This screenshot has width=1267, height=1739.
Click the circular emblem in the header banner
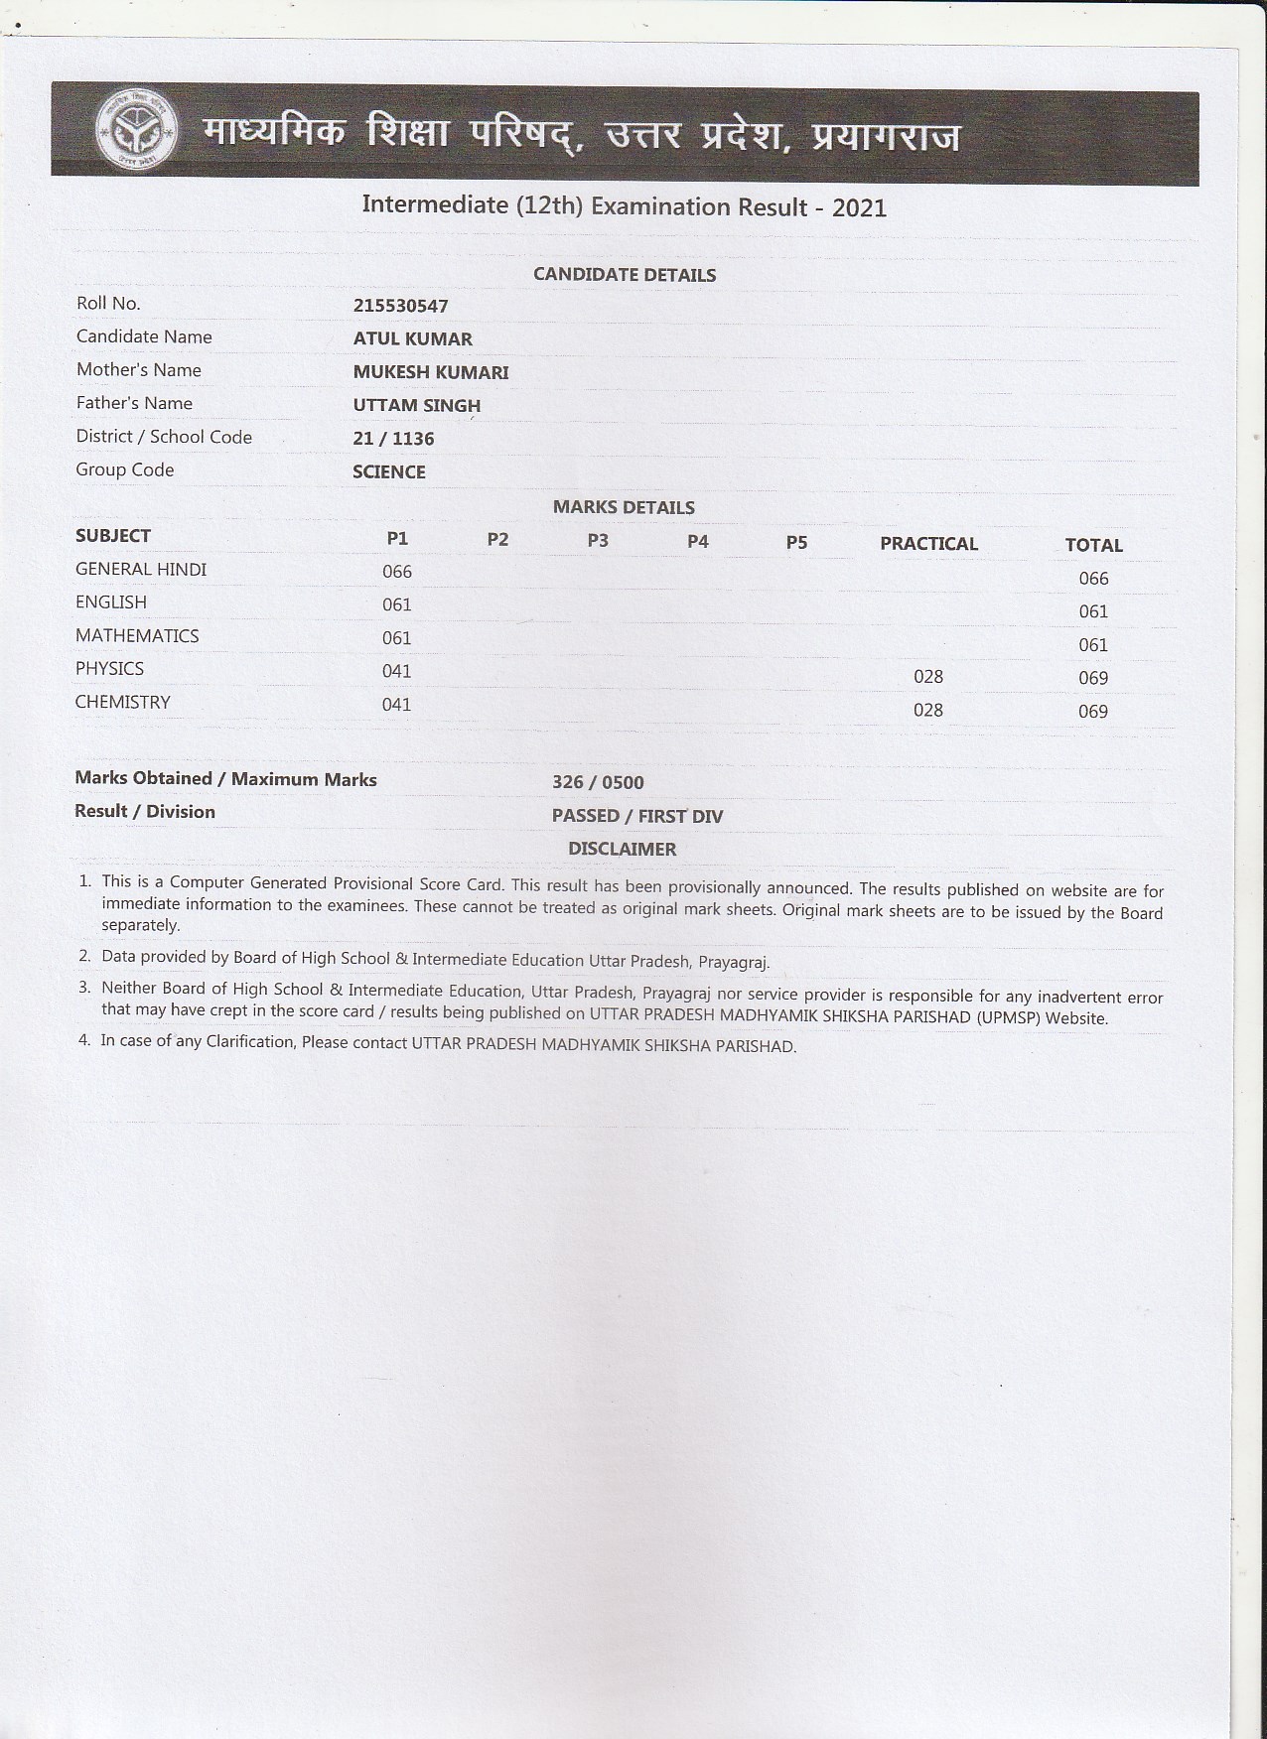(137, 132)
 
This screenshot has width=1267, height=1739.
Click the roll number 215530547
(400, 306)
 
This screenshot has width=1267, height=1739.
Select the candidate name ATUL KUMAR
(412, 338)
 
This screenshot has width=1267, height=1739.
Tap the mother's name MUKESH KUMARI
(430, 372)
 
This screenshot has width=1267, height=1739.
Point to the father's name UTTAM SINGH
(416, 405)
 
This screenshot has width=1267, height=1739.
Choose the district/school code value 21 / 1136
(393, 439)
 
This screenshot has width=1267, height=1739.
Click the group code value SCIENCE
(388, 472)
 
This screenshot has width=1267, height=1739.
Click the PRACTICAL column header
(928, 544)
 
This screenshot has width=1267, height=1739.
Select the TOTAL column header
(1093, 545)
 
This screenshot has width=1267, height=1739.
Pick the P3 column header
(598, 540)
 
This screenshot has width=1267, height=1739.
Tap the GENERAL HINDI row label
(141, 569)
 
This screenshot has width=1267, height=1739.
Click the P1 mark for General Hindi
(397, 572)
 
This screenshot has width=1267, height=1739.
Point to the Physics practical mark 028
(927, 677)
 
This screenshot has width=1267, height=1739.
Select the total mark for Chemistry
(1092, 712)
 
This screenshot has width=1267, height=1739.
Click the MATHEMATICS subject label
(137, 635)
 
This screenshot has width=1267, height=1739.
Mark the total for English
(1092, 611)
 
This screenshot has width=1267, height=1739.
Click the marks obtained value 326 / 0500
(598, 782)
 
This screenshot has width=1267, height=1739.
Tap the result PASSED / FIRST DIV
(636, 816)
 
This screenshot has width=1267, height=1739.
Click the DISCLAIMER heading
(622, 849)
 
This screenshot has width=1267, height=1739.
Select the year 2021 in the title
(859, 207)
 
